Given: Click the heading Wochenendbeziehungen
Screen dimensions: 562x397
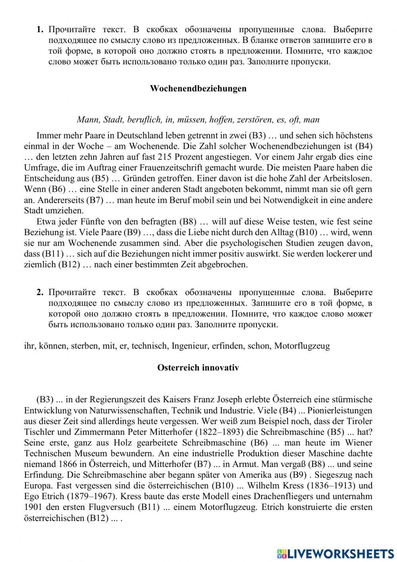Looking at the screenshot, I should point(198,88).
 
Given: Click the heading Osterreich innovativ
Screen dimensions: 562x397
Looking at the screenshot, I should point(198,368).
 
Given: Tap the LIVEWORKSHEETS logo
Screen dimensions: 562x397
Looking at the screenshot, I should point(335,553).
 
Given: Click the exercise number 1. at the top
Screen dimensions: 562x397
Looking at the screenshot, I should point(40,29).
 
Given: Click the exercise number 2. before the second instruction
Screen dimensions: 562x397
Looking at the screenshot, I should point(40,292).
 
